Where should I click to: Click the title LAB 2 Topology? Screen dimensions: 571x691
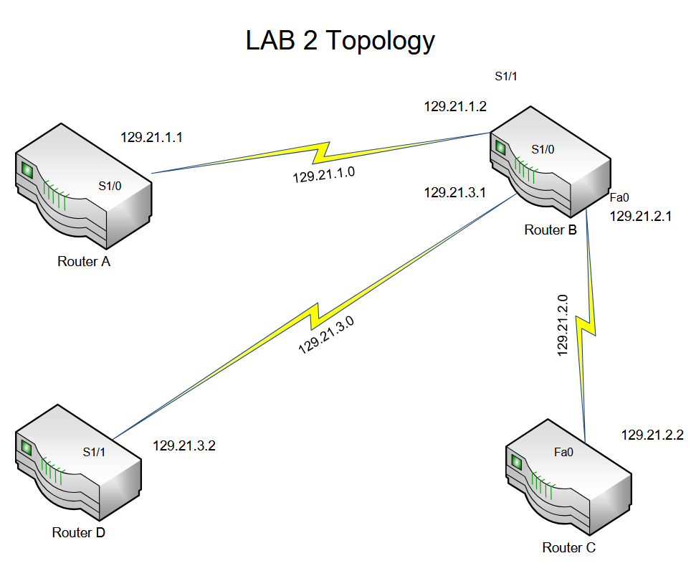[340, 41]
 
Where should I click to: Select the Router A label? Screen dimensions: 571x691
[84, 262]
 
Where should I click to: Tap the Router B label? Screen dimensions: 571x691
[551, 230]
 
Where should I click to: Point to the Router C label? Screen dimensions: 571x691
[569, 548]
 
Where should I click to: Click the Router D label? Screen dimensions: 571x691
[79, 532]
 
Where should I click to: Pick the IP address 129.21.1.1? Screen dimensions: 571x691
[151, 137]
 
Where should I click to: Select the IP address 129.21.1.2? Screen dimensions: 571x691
[455, 107]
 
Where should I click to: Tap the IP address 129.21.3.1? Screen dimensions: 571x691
[455, 192]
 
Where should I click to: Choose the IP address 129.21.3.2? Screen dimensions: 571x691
[184, 445]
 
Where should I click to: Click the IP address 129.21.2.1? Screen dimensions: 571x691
[641, 217]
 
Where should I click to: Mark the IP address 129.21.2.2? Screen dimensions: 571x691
[652, 435]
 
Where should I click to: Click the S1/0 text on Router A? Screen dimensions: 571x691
[110, 186]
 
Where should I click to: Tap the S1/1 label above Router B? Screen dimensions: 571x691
[505, 75]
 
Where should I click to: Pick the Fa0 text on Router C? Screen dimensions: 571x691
[564, 453]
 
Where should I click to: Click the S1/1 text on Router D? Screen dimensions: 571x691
[94, 452]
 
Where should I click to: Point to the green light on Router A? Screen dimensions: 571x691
[28, 170]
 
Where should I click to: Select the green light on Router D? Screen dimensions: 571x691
[27, 448]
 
